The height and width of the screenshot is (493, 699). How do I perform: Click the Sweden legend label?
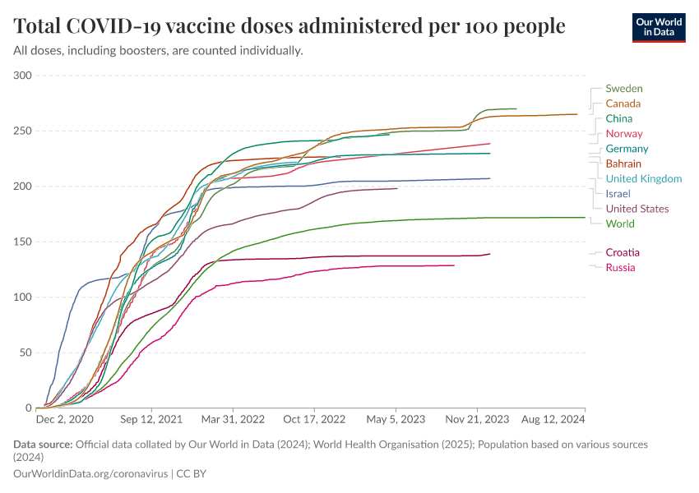click(x=624, y=89)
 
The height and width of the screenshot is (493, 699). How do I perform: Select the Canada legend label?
click(x=623, y=104)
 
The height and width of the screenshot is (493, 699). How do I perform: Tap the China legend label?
click(x=618, y=118)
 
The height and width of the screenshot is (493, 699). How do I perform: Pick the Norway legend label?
click(x=624, y=134)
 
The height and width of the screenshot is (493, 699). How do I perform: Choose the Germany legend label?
click(x=627, y=149)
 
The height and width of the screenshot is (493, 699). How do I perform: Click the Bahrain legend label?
click(x=623, y=164)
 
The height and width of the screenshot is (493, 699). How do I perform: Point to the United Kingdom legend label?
click(x=643, y=178)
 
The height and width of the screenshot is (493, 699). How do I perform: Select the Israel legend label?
click(x=618, y=194)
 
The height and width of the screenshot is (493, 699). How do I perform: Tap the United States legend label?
click(x=637, y=209)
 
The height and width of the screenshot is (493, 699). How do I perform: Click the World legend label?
click(x=620, y=223)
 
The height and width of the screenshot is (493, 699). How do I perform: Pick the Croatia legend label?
click(x=623, y=252)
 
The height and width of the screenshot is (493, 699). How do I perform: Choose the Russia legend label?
click(x=620, y=268)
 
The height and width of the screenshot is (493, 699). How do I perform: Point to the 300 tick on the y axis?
click(x=22, y=76)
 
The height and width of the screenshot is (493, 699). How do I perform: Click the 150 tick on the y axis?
click(x=22, y=242)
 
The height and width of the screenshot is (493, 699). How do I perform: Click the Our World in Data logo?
click(x=658, y=27)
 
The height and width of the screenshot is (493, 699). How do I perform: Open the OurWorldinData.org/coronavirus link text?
click(x=90, y=474)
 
